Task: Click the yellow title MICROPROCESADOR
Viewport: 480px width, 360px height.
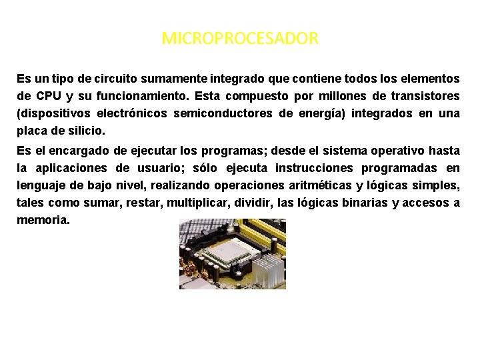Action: [240, 39]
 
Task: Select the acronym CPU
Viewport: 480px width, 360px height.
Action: [49, 97]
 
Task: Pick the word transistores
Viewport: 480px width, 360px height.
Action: [425, 97]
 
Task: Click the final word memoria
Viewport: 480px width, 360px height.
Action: [43, 219]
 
